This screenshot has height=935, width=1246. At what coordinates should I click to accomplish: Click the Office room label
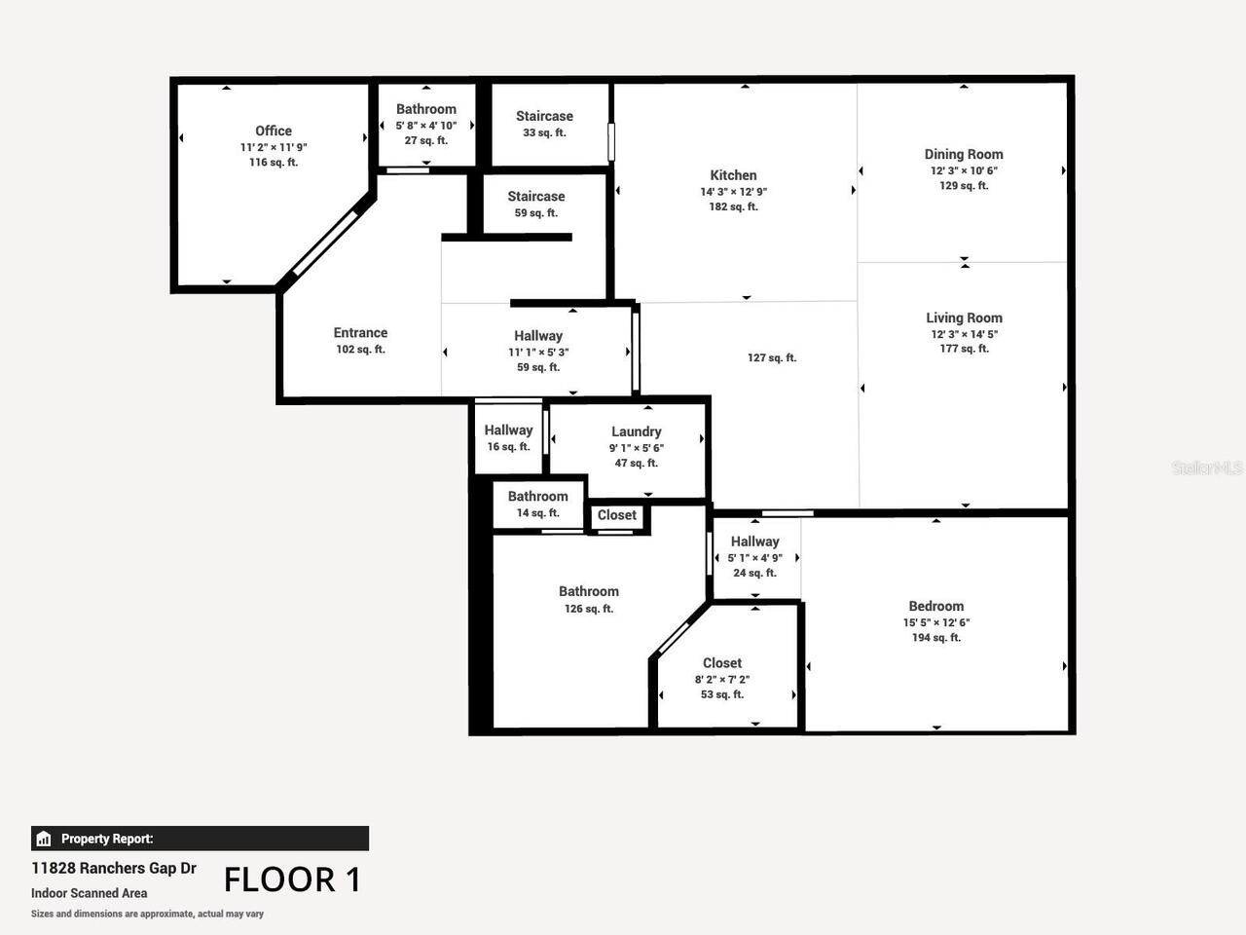point(274,131)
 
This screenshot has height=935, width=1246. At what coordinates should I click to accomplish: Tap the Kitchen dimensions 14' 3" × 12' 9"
point(733,192)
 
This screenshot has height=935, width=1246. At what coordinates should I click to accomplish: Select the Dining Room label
point(963,154)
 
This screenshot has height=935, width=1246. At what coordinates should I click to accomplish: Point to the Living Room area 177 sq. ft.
point(964,349)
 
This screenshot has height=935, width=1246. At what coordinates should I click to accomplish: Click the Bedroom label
point(935,606)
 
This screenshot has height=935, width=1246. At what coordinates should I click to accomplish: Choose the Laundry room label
point(636,431)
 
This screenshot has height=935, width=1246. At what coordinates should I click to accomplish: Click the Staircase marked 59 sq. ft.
point(535,197)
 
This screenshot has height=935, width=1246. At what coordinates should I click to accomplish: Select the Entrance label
point(360,333)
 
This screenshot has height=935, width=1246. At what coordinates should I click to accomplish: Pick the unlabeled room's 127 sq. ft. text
point(771,357)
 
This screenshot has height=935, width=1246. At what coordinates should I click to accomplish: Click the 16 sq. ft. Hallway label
point(508,430)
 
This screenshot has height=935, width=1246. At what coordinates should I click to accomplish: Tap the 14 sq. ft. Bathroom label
point(537,497)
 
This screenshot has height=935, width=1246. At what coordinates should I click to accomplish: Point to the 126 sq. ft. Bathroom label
point(588,592)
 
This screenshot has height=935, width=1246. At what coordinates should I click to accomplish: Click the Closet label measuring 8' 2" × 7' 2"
point(721,663)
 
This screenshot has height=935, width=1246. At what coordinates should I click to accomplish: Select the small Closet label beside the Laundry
point(616,515)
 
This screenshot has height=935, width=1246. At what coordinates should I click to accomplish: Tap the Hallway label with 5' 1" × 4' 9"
point(754,542)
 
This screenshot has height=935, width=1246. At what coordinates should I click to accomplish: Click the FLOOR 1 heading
point(292,879)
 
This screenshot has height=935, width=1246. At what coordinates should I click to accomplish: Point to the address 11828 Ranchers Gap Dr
point(114,868)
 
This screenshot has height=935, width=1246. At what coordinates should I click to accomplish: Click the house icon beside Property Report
point(43,839)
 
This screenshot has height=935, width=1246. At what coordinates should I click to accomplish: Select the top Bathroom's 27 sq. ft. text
point(426,140)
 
